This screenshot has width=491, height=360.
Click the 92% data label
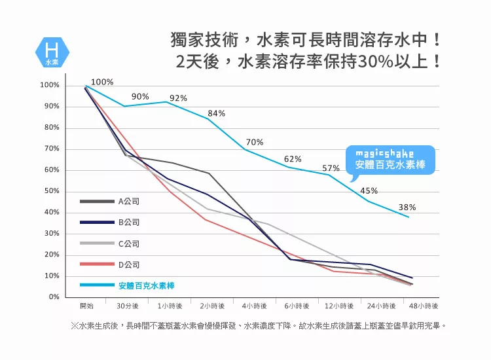coord(178,98)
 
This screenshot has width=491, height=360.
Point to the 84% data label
coord(216,113)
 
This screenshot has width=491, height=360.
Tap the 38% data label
coord(407,207)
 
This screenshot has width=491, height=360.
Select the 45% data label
coord(369,190)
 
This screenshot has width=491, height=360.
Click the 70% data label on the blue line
coord(255,142)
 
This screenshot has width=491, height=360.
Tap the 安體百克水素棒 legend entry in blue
coord(147,286)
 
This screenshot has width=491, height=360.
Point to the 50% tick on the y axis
coord(50,191)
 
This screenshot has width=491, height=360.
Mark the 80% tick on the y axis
coord(50,128)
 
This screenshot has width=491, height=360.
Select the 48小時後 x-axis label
coord(423,306)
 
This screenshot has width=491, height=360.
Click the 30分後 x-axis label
coord(128,306)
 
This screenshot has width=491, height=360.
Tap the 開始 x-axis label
coord(86,306)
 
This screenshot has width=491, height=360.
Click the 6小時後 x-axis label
coord(297,306)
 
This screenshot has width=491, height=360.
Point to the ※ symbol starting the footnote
coord(74,325)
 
